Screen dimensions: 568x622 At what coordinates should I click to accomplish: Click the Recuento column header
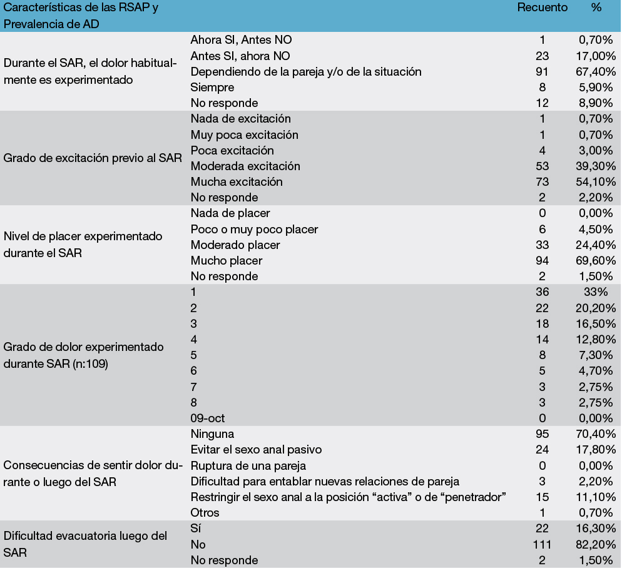pos(542,8)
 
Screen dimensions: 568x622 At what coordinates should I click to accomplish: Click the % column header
pos(596,8)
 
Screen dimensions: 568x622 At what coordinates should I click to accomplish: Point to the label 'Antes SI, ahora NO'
pos(240,56)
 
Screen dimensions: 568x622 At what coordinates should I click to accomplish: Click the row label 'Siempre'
pos(212,87)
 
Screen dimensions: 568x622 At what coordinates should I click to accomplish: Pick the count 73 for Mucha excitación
pos(542,182)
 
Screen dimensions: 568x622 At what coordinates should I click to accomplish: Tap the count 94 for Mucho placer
pos(542,261)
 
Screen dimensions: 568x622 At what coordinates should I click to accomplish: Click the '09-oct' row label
pos(208,418)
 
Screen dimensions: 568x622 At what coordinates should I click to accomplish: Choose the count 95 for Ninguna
pos(542,434)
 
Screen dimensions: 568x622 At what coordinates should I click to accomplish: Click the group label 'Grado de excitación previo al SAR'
pos(93,158)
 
